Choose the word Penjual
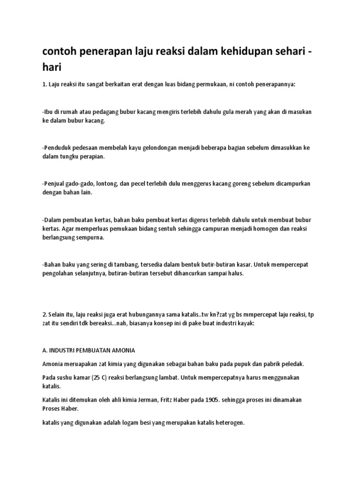click(x=56, y=184)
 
